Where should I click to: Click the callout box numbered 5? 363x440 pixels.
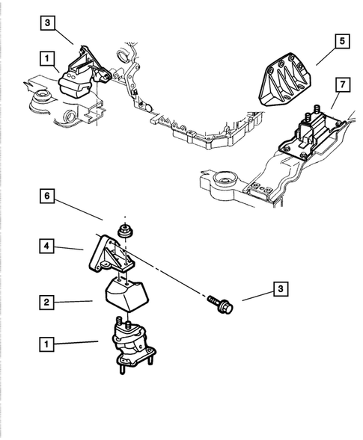point(342,41)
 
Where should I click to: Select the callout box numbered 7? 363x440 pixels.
point(342,84)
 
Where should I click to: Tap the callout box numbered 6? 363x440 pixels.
point(46,196)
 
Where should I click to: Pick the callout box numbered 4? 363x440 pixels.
point(46,246)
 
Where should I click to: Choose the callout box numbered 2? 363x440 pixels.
point(46,303)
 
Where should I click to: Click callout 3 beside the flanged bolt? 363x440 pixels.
point(281,289)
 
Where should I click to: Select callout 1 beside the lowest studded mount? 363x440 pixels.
point(46,344)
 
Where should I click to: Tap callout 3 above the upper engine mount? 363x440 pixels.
point(47,22)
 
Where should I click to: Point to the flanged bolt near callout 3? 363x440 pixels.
point(221,304)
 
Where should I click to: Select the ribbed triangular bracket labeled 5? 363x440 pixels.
point(284,80)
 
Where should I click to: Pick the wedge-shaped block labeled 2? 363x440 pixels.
point(126,294)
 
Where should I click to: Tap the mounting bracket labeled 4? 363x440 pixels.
point(111,254)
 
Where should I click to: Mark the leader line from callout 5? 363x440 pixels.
point(326,58)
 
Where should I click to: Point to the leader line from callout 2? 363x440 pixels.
point(73,302)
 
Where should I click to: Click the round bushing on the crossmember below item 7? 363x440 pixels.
point(226,179)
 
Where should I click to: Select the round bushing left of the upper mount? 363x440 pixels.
point(42,97)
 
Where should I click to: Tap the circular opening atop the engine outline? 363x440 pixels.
point(122,56)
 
